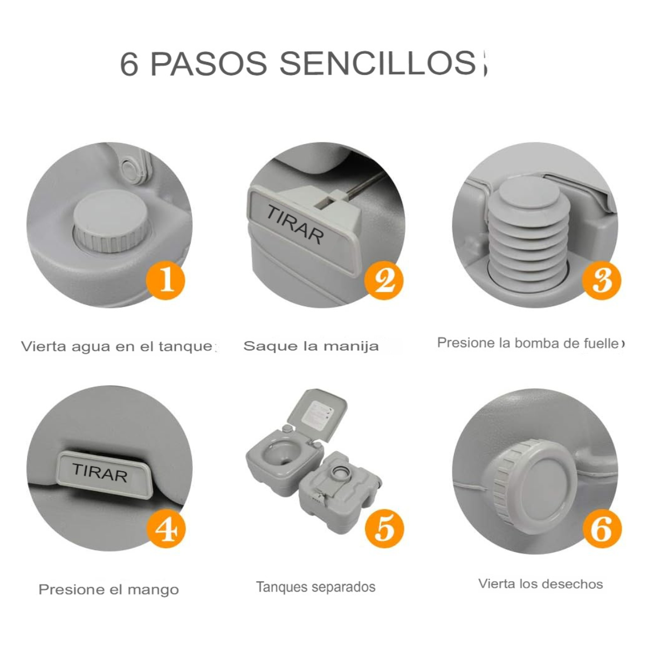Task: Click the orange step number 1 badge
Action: click(166, 280)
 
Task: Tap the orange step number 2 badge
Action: click(384, 280)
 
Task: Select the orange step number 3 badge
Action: click(602, 280)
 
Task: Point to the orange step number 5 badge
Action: click(384, 528)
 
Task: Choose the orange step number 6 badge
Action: click(602, 528)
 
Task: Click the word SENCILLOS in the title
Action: click(377, 64)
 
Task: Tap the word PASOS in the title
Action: click(208, 64)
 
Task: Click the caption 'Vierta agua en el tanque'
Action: click(118, 346)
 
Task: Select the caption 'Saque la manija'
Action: click(311, 346)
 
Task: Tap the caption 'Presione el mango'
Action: click(108, 589)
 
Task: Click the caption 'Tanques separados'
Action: click(315, 587)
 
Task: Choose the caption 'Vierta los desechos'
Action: click(540, 584)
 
